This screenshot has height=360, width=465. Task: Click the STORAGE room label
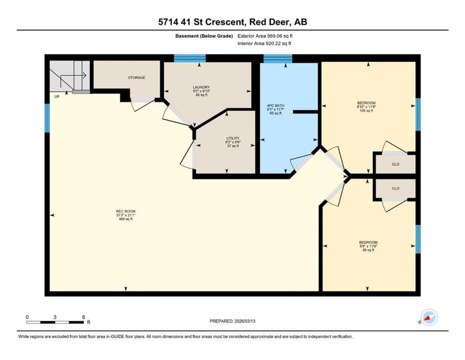tap(137, 78)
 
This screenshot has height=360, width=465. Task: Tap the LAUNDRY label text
tap(201, 87)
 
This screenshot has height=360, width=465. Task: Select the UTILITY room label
tap(233, 138)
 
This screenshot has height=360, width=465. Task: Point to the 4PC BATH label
tap(275, 106)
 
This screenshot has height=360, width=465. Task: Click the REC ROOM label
tap(126, 211)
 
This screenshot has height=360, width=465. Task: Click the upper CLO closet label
tap(395, 164)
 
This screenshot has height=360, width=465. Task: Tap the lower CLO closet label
tap(395, 188)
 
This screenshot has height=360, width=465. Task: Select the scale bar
tap(55, 322)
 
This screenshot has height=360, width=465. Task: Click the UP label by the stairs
tap(57, 97)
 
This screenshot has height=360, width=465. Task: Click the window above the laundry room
tap(190, 58)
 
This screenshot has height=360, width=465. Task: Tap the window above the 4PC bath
tap(278, 59)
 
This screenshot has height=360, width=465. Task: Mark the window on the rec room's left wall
tap(47, 118)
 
